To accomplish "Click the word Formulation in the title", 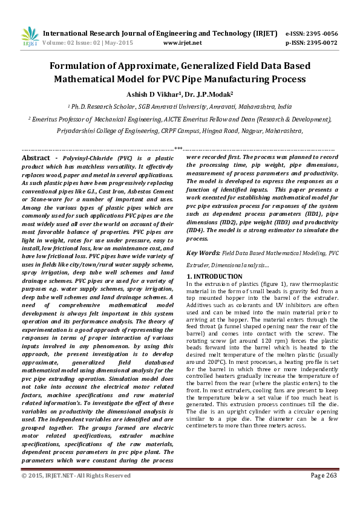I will pos(83,65).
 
